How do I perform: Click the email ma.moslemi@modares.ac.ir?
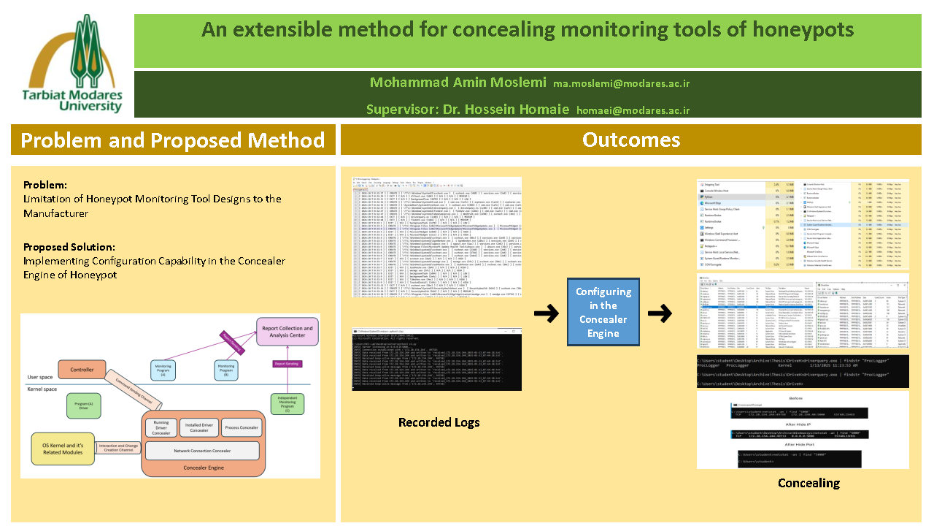point(621,83)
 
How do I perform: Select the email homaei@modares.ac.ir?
point(633,110)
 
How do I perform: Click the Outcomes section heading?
point(630,140)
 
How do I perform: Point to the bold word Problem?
point(45,185)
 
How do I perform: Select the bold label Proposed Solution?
point(69,247)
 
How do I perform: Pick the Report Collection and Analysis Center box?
point(287,333)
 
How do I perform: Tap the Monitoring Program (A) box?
point(163,370)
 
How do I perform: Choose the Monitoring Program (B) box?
point(226,370)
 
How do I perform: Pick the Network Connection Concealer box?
point(202,451)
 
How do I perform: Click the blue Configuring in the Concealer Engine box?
point(603,312)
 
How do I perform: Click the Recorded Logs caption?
point(428,422)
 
